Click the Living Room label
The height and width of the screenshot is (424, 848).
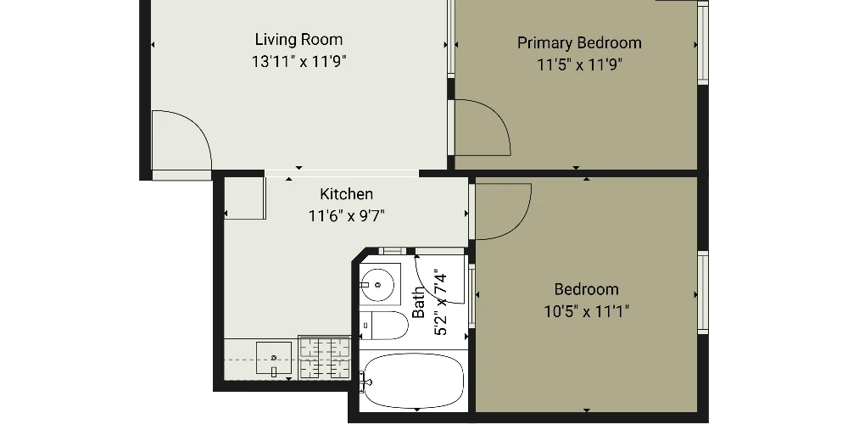point(298,40)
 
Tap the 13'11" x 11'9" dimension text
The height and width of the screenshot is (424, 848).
point(298,62)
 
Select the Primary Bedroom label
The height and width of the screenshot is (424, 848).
point(579,43)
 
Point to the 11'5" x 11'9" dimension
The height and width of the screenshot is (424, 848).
point(579,65)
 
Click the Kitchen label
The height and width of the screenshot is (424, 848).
point(346,193)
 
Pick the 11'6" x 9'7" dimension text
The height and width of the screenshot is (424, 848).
point(346,216)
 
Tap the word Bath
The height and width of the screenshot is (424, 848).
point(418,302)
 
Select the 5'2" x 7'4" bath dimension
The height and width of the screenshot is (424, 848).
point(440,304)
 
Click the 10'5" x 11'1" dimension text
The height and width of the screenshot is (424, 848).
point(586,311)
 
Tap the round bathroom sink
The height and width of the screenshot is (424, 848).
point(378,284)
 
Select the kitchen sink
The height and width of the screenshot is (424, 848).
point(274,358)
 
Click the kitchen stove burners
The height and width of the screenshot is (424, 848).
point(325,358)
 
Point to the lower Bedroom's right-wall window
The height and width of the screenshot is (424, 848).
point(703,292)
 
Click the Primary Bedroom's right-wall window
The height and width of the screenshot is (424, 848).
point(703,42)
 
